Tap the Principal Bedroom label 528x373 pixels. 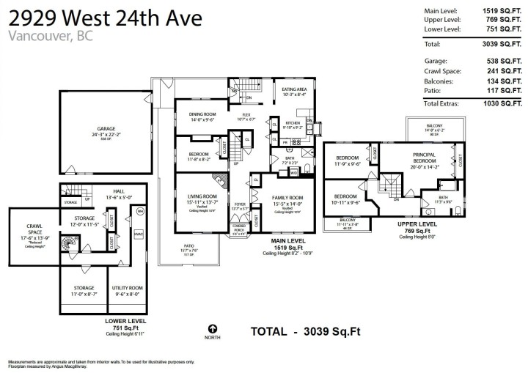point(425,156)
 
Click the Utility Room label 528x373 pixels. point(128,289)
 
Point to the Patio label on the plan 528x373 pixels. point(199,246)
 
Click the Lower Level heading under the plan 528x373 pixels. point(128,321)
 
